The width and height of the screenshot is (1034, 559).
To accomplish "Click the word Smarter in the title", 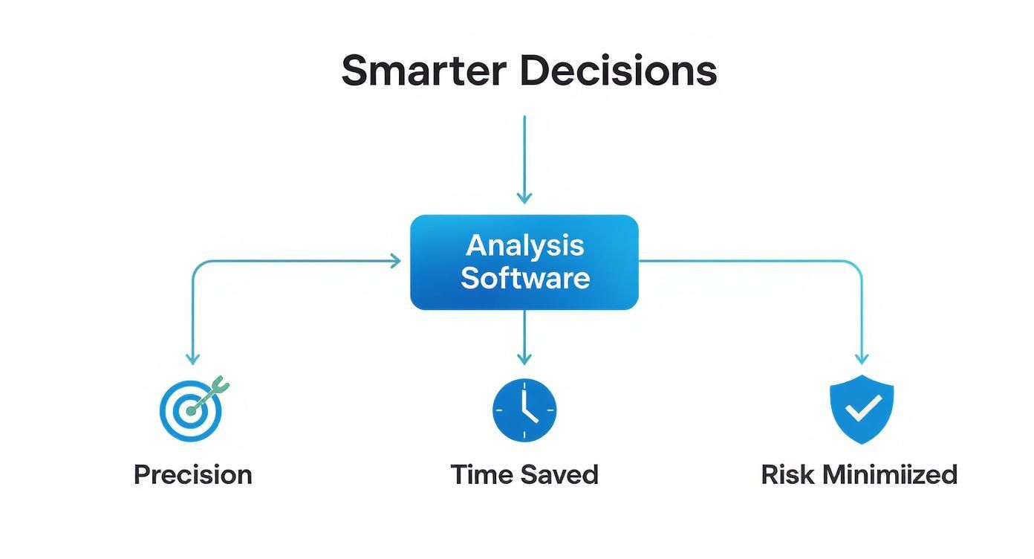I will coord(423,71).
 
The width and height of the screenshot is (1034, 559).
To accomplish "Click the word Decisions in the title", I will coord(618,71).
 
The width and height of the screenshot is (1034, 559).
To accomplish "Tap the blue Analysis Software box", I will coord(524,262).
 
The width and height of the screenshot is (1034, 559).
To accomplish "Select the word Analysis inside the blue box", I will coord(525,245).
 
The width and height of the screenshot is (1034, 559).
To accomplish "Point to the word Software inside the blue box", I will coord(525,278).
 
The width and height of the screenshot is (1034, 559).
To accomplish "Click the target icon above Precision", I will coord(191,410).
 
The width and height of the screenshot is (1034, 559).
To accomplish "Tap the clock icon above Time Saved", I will coord(524,410).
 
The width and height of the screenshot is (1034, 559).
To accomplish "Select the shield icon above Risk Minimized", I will coord(861,409).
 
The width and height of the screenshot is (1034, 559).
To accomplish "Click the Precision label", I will coord(192,474).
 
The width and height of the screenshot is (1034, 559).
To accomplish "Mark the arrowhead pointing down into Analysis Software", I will coord(524,198).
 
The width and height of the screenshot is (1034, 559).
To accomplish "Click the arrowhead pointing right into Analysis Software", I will coord(395,261).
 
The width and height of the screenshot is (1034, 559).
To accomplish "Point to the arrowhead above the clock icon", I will coord(524,359).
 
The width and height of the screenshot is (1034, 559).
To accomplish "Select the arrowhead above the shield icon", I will coord(862,359).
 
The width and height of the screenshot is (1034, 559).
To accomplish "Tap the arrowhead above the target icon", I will coord(193,359).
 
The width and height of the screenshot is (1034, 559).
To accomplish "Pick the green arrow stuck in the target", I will coord(211,393).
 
